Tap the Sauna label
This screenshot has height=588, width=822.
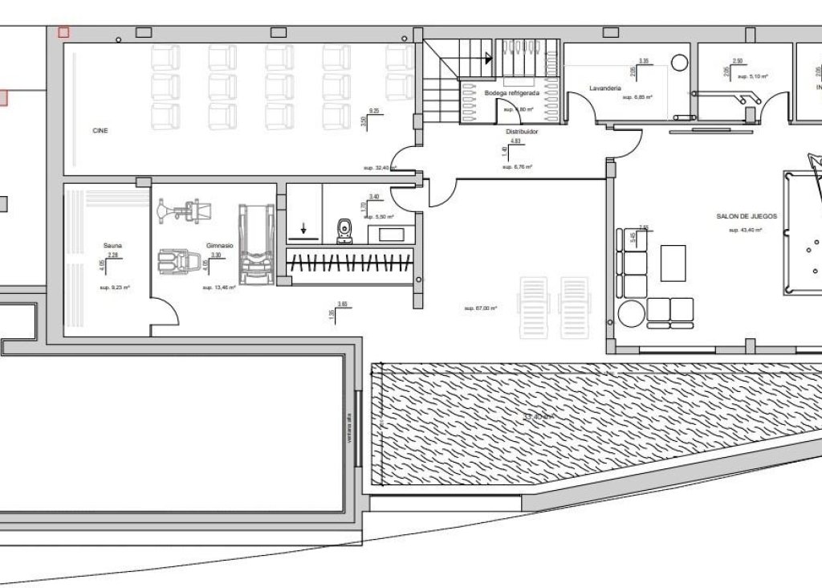pos(112,245)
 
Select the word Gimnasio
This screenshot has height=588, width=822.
pos(219,245)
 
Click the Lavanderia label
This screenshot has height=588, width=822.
pos(605,87)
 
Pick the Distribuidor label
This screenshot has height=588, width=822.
pos(521,130)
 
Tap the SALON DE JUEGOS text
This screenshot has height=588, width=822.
pos(747,216)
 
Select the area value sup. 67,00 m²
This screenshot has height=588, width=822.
pos(481,308)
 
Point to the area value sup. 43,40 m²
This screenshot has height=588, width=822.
pos(745,231)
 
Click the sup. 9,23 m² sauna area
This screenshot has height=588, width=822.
pos(115,287)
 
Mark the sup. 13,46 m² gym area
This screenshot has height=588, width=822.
pos(218,287)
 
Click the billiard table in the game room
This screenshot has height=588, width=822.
pos(803,233)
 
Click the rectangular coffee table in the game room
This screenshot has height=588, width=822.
pos(673,263)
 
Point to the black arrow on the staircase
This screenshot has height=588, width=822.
pos(488,58)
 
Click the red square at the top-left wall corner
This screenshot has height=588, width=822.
pos(63,32)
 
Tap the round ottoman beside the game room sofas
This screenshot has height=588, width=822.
pos(629,313)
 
